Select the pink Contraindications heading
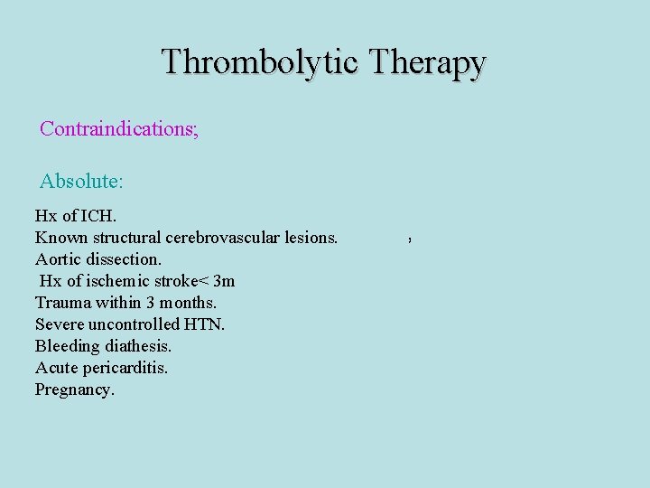coord(118,128)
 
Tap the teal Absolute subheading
coord(81,181)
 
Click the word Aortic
coord(57,259)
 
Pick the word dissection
coord(123,259)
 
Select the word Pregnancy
coord(75,390)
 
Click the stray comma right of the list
coord(410,241)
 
